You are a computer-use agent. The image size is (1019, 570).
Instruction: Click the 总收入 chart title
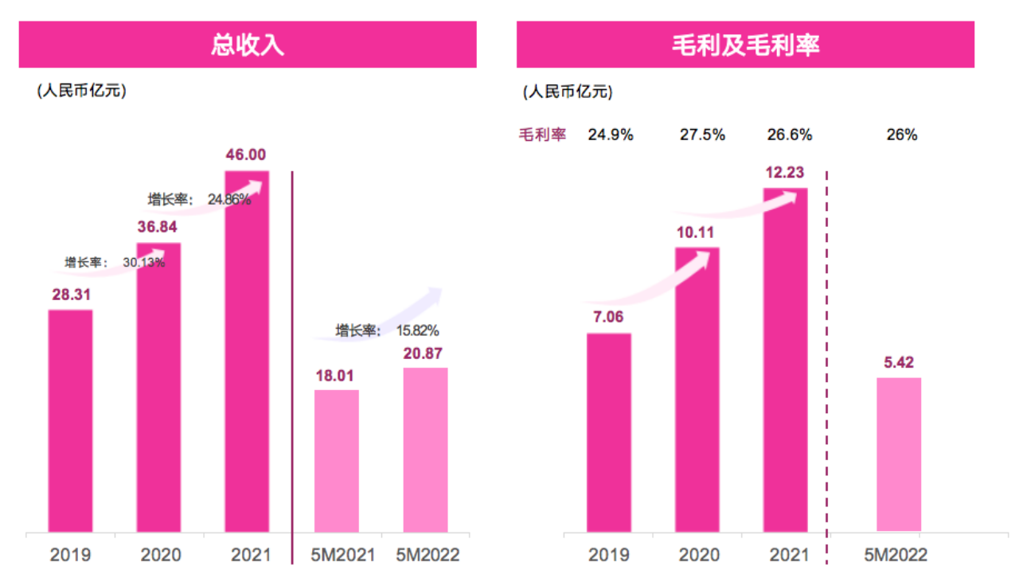(248, 45)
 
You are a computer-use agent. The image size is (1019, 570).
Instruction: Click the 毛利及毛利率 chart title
(745, 45)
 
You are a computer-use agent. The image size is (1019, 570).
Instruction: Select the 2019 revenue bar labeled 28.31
(70, 420)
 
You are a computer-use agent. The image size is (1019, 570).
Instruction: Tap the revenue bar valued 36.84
(158, 387)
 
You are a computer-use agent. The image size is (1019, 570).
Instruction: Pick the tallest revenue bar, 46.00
(247, 351)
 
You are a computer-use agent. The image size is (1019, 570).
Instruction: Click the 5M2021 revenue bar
(337, 460)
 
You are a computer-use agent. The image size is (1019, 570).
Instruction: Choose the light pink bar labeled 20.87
(425, 449)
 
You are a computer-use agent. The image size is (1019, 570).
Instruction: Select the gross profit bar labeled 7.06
(609, 431)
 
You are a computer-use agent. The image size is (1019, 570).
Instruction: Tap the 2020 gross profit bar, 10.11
(697, 388)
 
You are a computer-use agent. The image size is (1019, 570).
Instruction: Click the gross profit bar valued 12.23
(786, 359)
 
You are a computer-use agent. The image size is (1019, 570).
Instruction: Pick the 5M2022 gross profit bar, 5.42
(899, 454)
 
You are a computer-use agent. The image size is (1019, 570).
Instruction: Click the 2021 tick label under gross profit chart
(786, 554)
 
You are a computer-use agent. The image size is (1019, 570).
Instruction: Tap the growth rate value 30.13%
(144, 262)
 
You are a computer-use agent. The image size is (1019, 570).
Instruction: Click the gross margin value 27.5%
(702, 135)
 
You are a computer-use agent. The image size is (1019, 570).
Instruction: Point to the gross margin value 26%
(902, 135)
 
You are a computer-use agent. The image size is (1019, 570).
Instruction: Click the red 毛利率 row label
(542, 135)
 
